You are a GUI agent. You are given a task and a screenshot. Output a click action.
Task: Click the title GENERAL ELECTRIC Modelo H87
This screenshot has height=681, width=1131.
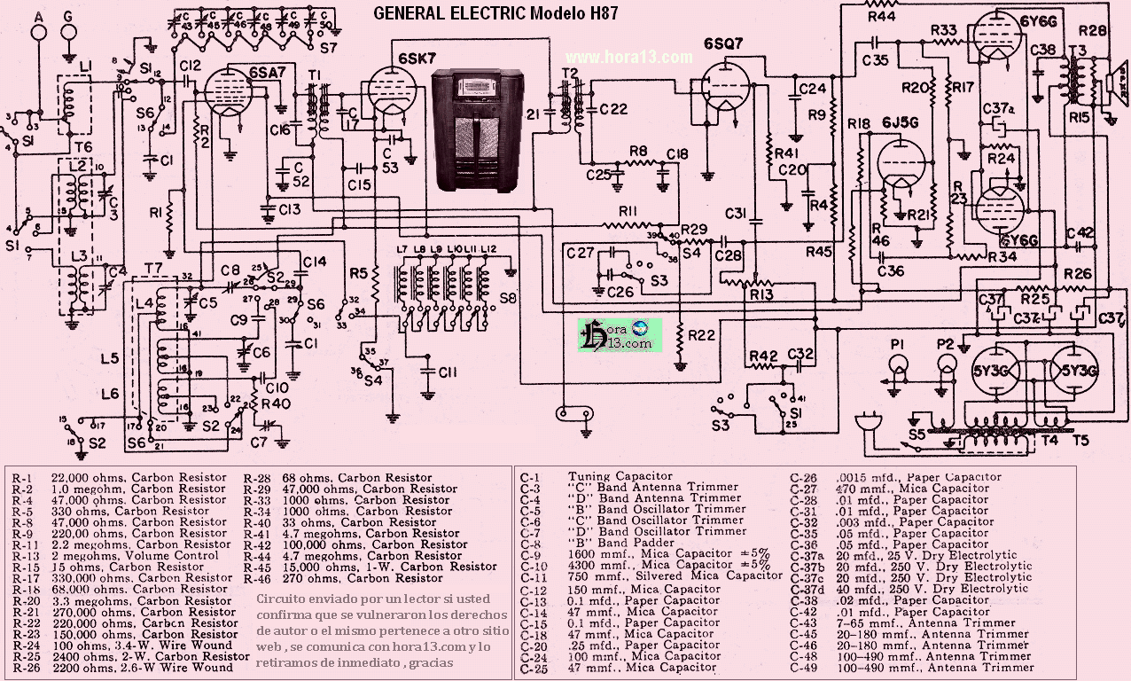495,12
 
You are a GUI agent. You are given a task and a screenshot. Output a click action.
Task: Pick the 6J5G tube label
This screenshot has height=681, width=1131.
898,122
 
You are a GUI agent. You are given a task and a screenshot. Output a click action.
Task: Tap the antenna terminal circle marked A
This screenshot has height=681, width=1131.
38,32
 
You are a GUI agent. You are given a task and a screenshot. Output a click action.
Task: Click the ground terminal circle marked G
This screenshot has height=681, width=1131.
70,32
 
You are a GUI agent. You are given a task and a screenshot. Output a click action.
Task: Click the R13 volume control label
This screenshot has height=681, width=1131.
761,294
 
